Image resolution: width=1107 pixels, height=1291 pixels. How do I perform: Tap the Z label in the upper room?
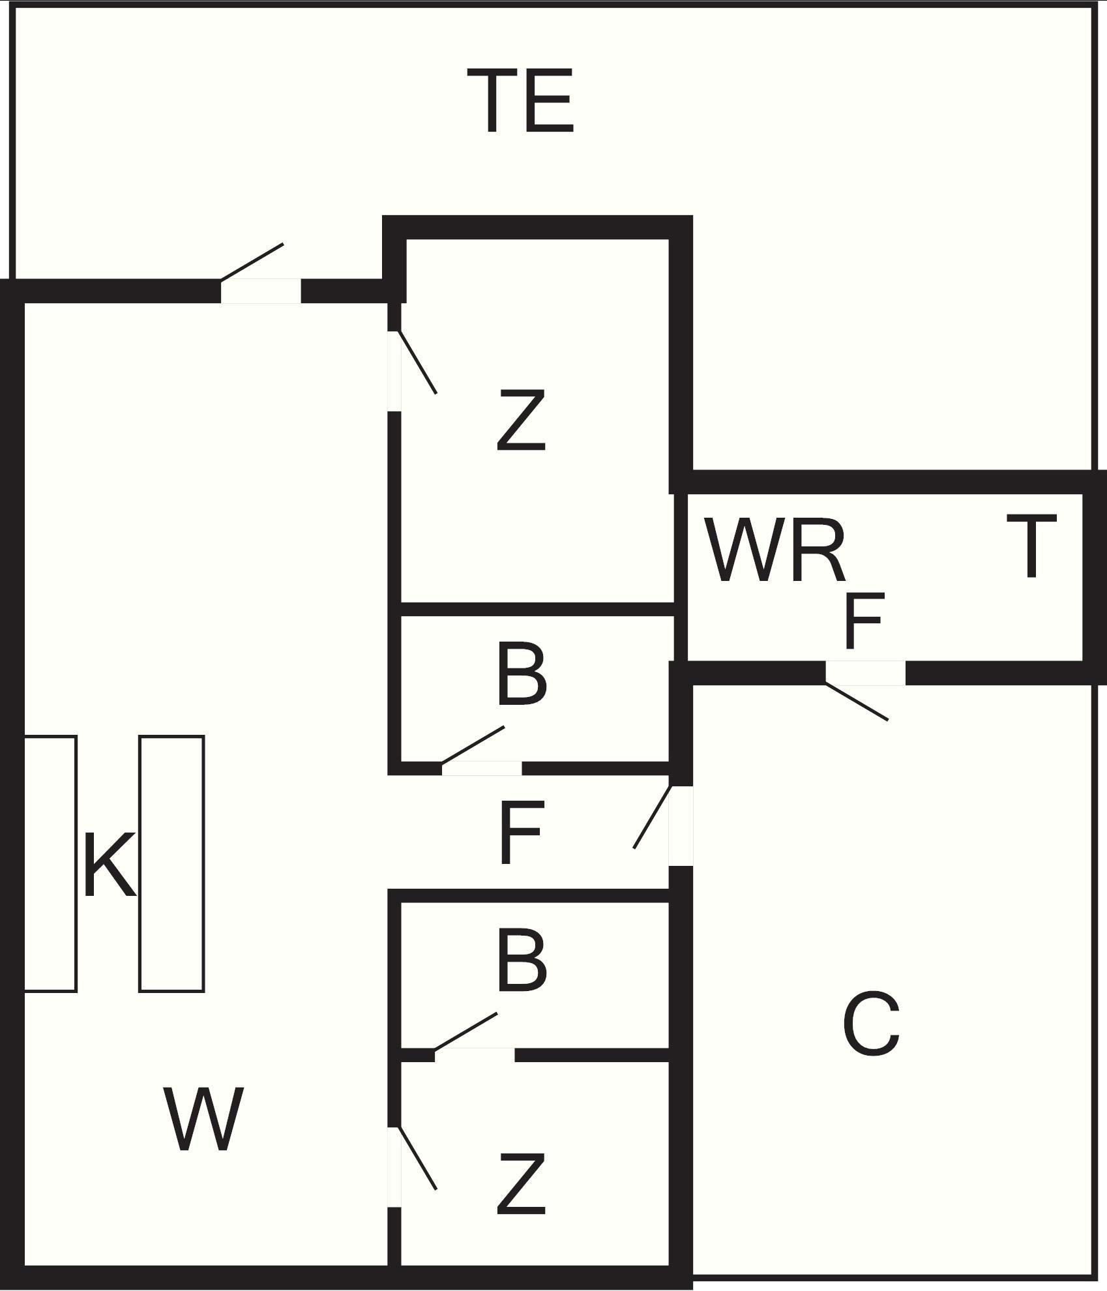[520, 421]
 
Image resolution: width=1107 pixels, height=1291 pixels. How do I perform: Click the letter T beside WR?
[1031, 546]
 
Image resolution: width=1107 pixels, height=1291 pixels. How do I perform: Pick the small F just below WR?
[864, 621]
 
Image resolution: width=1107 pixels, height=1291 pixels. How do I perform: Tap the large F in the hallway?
[520, 833]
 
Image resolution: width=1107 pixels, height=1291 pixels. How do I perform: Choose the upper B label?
[520, 674]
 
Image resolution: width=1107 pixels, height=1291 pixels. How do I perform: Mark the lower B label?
[520, 962]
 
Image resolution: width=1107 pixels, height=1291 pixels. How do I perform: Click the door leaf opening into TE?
[252, 262]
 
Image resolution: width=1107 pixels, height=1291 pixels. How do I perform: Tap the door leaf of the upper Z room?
[417, 363]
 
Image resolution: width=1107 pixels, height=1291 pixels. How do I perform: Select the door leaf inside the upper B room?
[473, 745]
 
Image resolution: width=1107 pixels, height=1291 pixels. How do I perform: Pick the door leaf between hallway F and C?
[652, 817]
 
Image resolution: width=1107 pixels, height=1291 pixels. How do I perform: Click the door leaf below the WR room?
[856, 702]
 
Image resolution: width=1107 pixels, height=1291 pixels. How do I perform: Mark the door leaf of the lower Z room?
[417, 1158]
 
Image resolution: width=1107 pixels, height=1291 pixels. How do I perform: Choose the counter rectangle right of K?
[171, 864]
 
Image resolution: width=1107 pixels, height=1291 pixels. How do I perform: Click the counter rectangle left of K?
[50, 864]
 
